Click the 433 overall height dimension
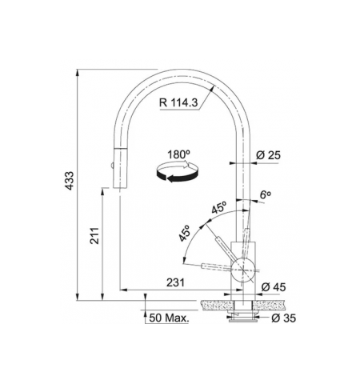click(70, 181)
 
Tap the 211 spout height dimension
click(94, 235)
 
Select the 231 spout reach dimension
click(175, 282)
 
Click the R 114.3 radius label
click(178, 102)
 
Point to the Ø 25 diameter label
click(268, 155)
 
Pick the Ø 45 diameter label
click(274, 287)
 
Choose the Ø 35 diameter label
click(283, 318)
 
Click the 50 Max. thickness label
click(169, 318)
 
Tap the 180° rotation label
click(178, 154)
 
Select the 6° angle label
click(266, 195)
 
